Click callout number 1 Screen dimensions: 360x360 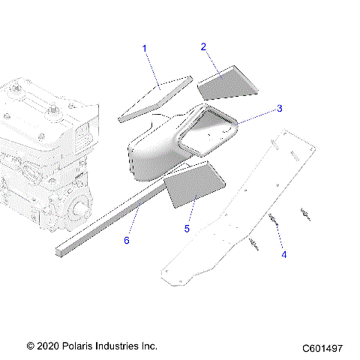coord(145,49)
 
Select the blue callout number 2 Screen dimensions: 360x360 coord(203,46)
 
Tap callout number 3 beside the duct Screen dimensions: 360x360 coord(279,109)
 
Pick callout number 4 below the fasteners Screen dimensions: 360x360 coord(284,254)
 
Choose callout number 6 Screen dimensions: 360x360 coord(127,240)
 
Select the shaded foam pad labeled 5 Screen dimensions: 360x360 coord(193,187)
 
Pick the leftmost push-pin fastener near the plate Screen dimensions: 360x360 coord(255,243)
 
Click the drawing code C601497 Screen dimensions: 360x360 coord(322,348)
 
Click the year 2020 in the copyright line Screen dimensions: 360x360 coord(49,346)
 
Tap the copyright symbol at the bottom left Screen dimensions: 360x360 coord(30,346)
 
